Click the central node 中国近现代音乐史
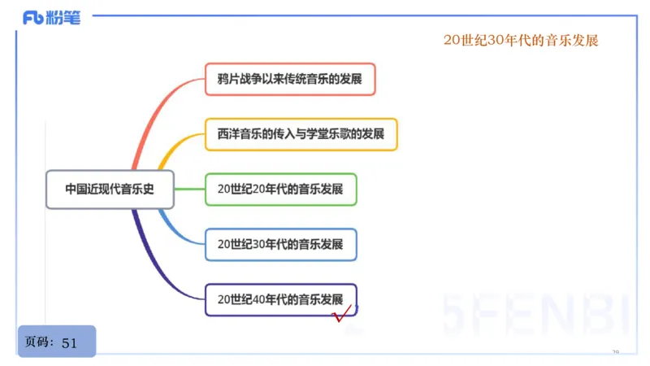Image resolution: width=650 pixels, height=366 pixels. coord(110,189)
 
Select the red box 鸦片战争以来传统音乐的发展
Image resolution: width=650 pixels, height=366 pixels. coord(290,80)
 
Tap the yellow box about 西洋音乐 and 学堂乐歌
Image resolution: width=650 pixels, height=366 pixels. coord(301,134)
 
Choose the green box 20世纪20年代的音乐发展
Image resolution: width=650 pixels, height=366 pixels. coord(280,189)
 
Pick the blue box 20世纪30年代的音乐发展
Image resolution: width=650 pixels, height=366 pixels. coord(280,243)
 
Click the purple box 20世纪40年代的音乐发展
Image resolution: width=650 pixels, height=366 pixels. coord(280,298)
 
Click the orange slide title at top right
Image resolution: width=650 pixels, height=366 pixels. coord(521,41)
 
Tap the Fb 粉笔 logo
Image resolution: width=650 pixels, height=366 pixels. coord(52,17)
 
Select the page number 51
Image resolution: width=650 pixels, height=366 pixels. coord(69,343)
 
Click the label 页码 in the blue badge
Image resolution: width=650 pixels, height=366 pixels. coord(39,342)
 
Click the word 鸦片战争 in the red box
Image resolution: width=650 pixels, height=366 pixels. coord(240,80)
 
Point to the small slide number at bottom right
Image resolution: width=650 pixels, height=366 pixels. coord(615,353)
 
